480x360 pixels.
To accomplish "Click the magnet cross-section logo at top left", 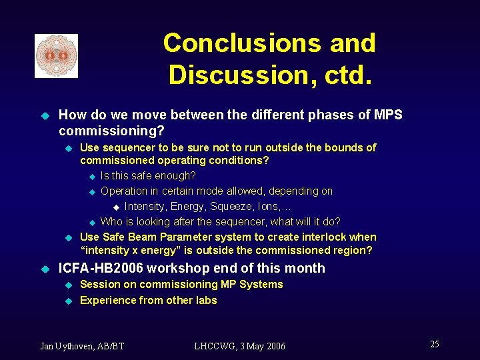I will [x=56, y=55].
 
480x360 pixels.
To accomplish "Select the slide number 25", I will [x=434, y=344].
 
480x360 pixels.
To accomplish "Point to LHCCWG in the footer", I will [x=214, y=345].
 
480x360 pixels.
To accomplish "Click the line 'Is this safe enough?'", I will [x=148, y=176].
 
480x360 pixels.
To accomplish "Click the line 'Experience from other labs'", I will [x=148, y=300].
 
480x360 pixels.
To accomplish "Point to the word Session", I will [x=99, y=285].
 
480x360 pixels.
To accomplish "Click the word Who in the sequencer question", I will [x=111, y=221].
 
